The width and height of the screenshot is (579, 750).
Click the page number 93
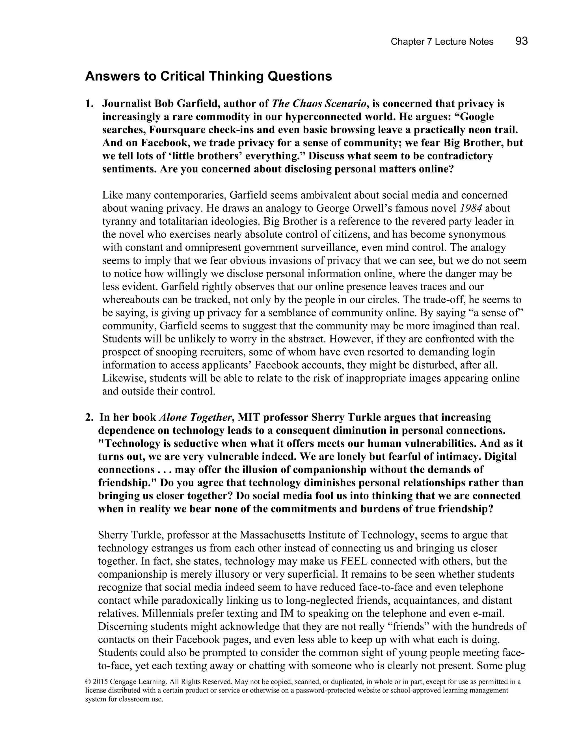pos(521,41)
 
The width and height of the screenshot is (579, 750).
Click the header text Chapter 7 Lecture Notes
pos(442,42)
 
